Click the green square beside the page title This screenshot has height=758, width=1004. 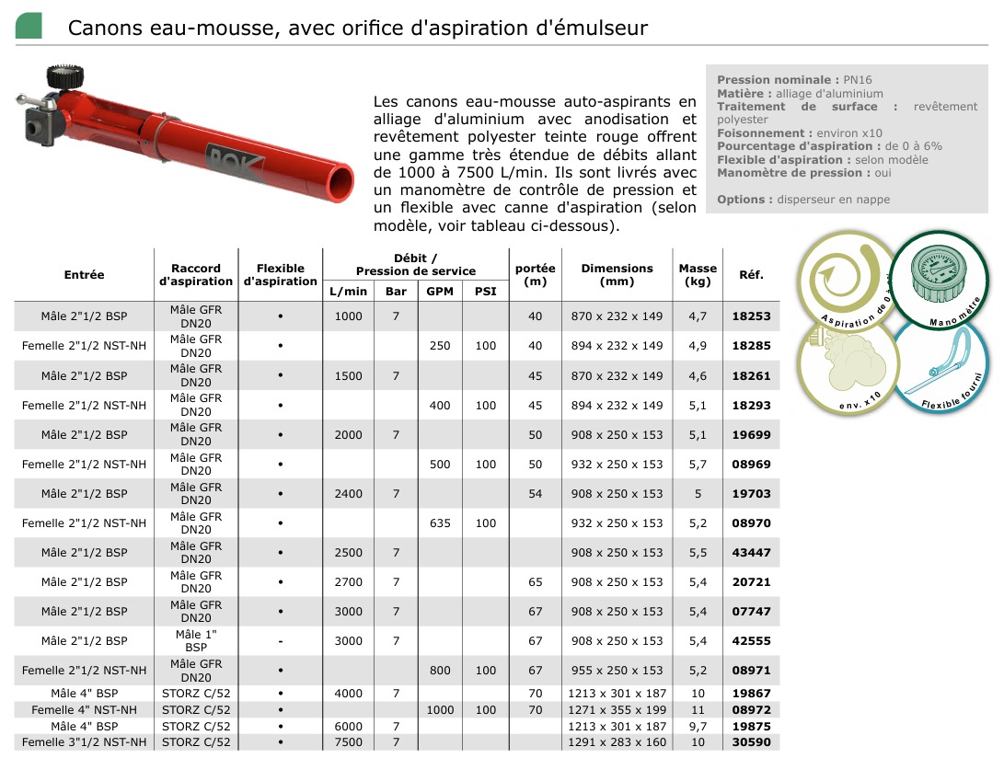29,26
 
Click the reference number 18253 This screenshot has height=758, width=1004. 751,316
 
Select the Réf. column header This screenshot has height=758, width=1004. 751,275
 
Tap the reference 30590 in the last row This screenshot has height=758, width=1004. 751,742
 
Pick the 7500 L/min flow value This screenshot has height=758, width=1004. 349,742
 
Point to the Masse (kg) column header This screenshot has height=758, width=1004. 698,275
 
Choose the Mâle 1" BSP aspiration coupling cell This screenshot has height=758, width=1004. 195,641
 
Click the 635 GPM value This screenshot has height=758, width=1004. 440,523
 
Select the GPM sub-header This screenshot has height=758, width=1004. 440,292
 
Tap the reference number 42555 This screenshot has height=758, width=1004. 751,641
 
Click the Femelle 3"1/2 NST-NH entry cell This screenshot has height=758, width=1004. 84,742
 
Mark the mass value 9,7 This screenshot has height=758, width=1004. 698,727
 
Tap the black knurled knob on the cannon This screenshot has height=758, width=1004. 61,77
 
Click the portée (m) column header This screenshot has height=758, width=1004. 535,275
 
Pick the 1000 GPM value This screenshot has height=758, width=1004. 440,710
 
